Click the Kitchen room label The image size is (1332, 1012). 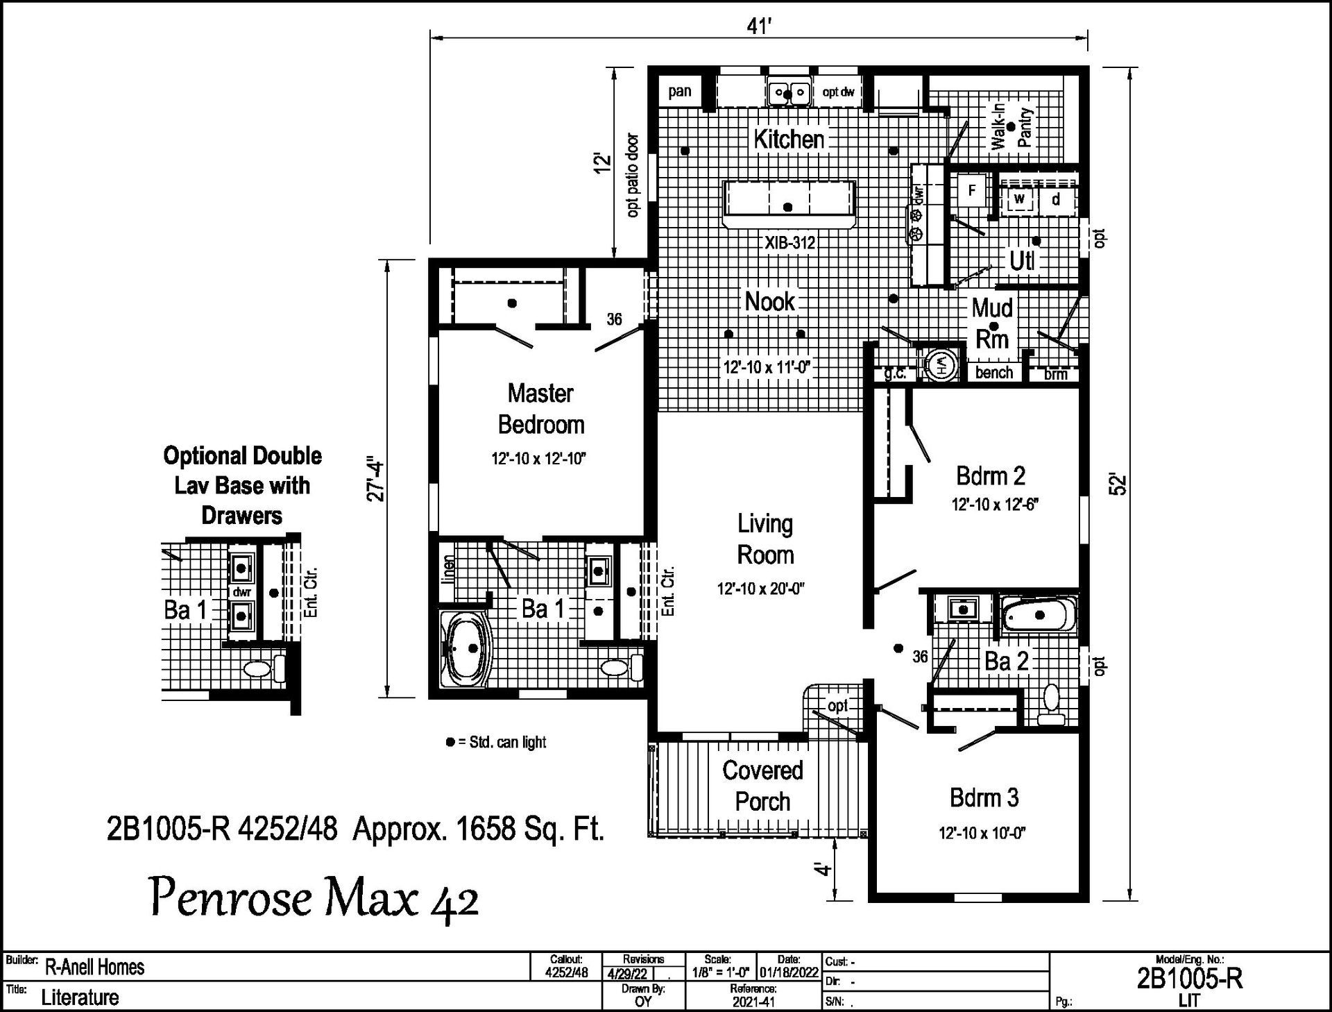(x=789, y=139)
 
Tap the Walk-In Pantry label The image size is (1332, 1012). (x=1012, y=127)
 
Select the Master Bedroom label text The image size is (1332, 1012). (x=541, y=409)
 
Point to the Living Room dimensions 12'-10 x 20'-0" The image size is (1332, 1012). (x=760, y=589)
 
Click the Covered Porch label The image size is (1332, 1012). (x=762, y=786)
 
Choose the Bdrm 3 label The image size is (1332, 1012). (x=984, y=798)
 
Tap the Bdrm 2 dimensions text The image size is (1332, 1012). (x=994, y=505)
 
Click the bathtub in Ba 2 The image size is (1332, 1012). (x=1039, y=616)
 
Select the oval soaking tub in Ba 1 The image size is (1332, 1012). (x=466, y=648)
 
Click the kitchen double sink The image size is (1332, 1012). (x=789, y=92)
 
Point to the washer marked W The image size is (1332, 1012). (x=1019, y=199)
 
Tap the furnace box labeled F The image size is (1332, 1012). (x=972, y=190)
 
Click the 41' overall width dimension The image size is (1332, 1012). (x=760, y=26)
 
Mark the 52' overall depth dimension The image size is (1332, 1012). (x=1118, y=484)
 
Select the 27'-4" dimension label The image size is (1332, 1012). (x=375, y=479)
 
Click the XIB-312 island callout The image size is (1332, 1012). (x=789, y=243)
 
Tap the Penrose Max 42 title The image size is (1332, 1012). (x=314, y=900)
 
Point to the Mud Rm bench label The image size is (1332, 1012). (x=993, y=373)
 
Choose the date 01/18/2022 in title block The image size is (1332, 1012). (x=789, y=972)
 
